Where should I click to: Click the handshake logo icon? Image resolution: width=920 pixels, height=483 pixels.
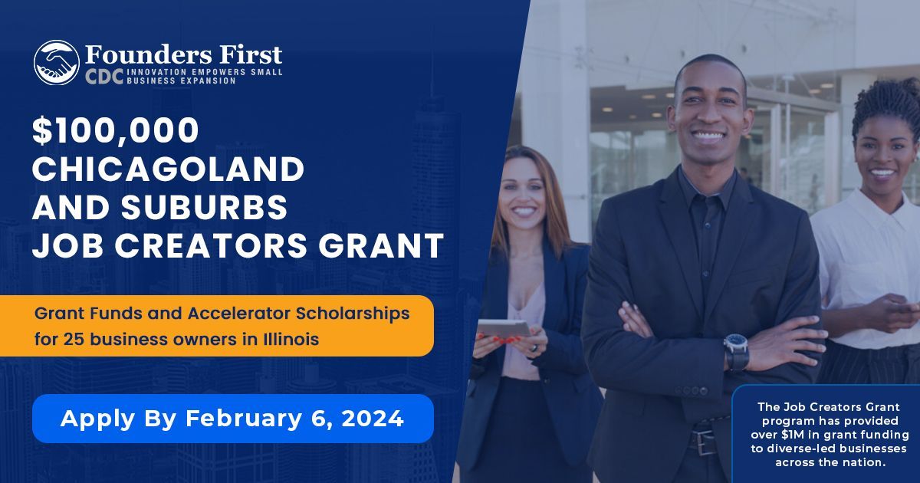[x=56, y=62]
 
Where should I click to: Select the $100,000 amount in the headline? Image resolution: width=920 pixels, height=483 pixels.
[x=115, y=131]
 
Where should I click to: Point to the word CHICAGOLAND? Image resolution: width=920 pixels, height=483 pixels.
[x=168, y=169]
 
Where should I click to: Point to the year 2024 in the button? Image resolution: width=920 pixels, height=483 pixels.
[x=373, y=419]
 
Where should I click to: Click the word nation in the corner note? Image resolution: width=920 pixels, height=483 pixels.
[x=866, y=462]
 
